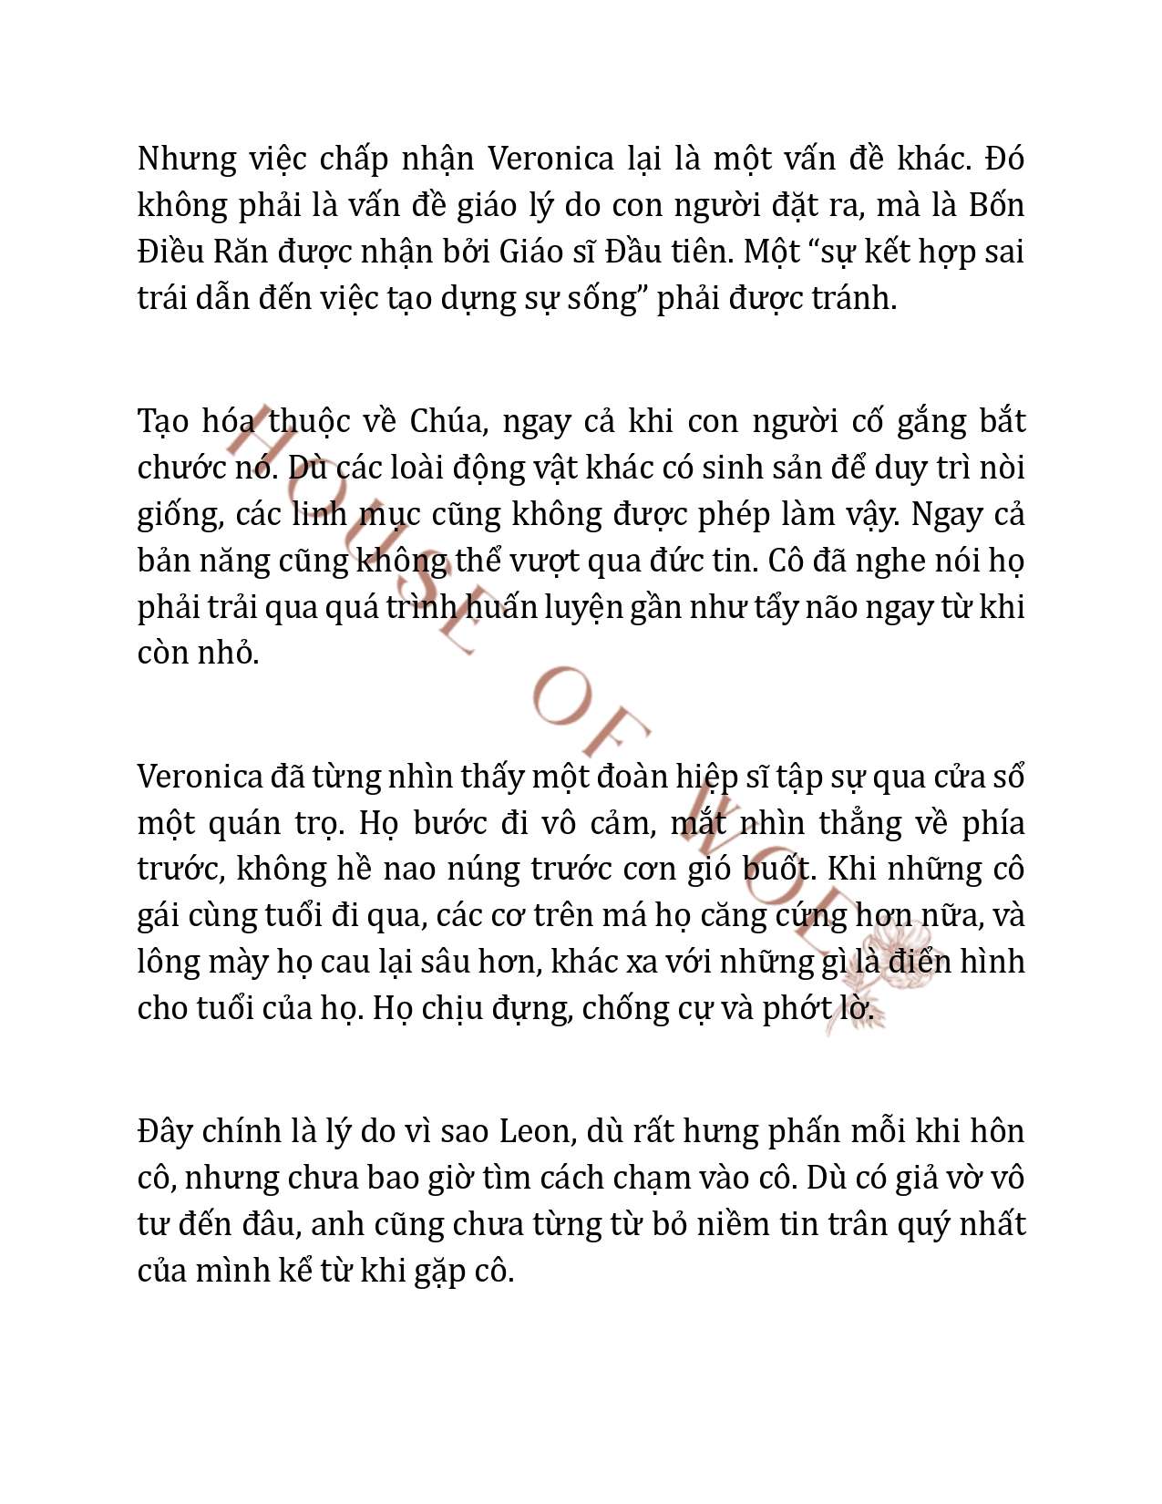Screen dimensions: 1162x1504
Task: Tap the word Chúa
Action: [446, 421]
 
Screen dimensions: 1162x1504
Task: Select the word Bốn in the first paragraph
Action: [996, 205]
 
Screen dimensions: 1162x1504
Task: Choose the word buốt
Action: [776, 870]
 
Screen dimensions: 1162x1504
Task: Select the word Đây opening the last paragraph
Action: [164, 1131]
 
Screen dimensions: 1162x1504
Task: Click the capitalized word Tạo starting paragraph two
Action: [163, 421]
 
